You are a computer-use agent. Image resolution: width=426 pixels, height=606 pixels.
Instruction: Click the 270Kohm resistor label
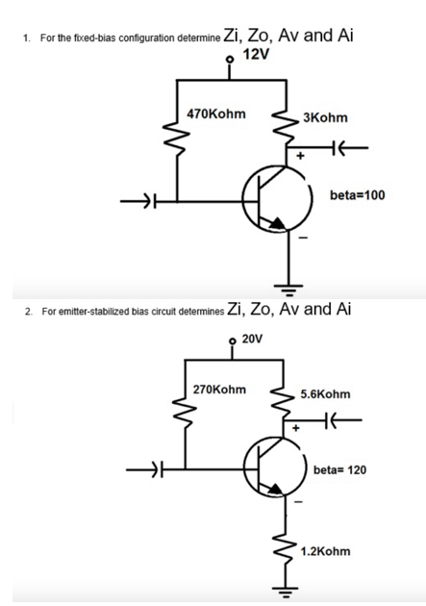tap(218, 390)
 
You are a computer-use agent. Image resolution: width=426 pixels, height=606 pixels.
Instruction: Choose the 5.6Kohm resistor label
tap(326, 394)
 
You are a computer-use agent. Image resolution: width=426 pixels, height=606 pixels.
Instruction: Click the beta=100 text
tap(357, 194)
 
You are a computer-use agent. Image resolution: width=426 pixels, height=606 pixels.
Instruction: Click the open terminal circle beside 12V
tap(230, 59)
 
